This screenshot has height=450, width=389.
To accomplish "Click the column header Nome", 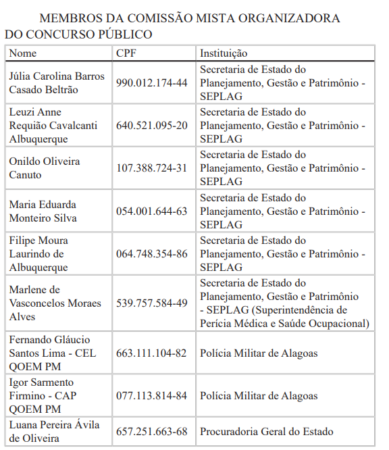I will tap(23, 53).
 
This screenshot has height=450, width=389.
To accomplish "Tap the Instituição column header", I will tap(224, 53).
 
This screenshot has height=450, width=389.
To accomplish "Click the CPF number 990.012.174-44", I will tap(152, 82).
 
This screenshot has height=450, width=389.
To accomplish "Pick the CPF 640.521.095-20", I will tap(152, 126).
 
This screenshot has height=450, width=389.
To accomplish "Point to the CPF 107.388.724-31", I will tap(152, 168).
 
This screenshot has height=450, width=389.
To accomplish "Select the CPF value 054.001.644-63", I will tap(152, 211).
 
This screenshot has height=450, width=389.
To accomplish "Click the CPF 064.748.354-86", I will tap(152, 254).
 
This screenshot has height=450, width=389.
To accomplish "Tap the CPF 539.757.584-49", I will tap(152, 303).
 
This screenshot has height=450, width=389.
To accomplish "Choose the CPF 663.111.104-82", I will tap(152, 353).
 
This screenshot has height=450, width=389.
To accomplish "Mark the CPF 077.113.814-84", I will tap(152, 395).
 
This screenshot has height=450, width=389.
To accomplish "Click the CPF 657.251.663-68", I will tap(152, 431).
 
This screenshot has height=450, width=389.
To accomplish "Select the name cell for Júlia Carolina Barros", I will tap(57, 82).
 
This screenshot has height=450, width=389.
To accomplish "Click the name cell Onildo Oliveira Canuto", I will tap(45, 168).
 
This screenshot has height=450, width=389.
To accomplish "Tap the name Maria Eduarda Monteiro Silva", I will tap(43, 211).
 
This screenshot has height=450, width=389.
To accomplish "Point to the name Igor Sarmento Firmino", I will tap(42, 395).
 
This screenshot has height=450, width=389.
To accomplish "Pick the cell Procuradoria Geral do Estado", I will tap(266, 431).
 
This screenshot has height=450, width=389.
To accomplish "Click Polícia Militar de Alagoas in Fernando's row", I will tap(259, 353).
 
